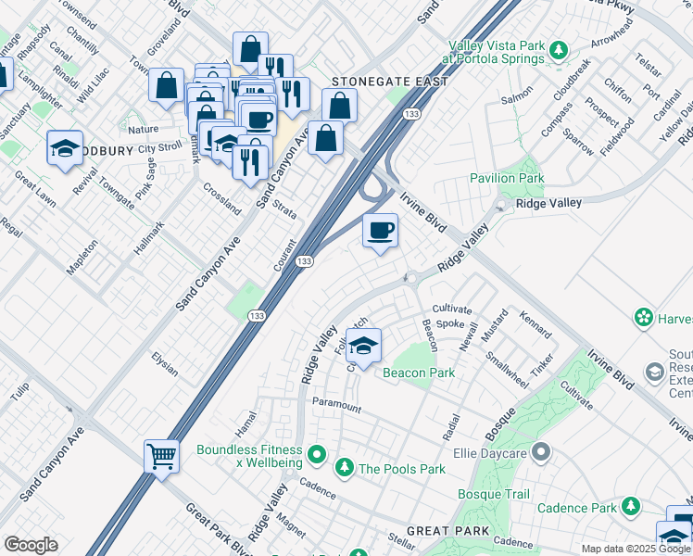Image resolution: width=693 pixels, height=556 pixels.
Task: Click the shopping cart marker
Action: point(161,456)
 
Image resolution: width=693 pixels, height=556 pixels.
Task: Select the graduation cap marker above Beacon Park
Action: point(364,346)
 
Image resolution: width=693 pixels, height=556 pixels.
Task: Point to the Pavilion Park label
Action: point(506,177)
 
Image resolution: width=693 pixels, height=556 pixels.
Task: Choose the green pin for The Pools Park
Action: point(345,468)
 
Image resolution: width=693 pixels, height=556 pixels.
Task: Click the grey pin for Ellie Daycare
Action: point(542,453)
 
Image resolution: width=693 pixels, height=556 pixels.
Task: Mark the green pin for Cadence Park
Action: point(631,507)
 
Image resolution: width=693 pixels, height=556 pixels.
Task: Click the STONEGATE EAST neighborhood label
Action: point(390,82)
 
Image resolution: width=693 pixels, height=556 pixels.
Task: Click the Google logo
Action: point(31,545)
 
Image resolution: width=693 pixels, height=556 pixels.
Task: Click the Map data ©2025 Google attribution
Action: point(636,549)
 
